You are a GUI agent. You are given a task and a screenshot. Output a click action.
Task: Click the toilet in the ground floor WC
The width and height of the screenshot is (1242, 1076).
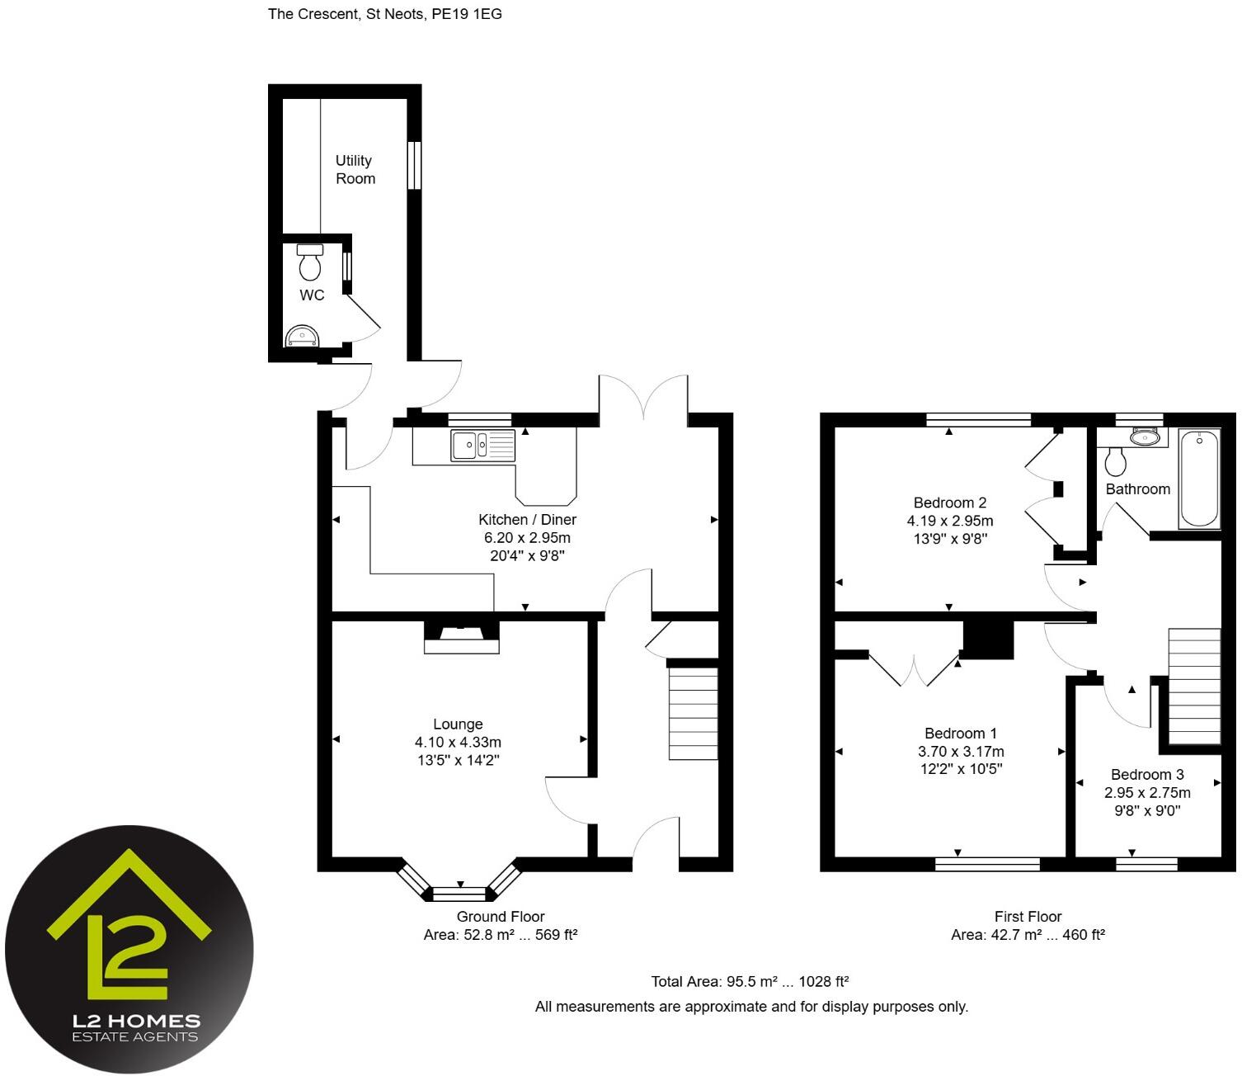310,262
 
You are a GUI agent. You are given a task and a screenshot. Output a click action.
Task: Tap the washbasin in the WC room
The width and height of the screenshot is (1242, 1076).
301,337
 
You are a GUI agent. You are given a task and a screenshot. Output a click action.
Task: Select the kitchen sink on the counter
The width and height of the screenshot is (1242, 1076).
482,446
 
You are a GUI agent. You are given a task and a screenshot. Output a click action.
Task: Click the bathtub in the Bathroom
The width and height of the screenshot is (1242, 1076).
1199,479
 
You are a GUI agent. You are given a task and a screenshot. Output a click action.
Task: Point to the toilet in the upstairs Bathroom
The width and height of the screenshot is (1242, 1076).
1115,461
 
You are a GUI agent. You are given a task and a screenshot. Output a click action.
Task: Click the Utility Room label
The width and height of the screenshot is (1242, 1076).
355,169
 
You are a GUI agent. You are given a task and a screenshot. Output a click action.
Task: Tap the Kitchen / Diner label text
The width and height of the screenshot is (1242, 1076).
527,519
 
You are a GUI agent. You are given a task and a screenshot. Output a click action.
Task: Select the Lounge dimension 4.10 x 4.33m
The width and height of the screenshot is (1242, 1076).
458,742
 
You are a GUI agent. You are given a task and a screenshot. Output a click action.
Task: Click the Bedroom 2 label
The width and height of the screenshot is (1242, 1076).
949,503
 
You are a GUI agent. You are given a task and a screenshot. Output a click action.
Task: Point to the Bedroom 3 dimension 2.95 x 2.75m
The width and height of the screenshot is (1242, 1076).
1147,792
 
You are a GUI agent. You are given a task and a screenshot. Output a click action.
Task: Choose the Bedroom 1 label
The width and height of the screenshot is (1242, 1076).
960,733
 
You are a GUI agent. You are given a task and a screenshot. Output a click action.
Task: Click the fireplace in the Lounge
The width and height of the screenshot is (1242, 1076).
461,636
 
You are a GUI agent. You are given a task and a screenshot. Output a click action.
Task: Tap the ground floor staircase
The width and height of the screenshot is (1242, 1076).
693,713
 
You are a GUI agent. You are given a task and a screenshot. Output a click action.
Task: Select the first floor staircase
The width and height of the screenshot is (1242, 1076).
1193,686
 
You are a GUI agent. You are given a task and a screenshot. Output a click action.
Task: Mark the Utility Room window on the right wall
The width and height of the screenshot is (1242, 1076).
415,165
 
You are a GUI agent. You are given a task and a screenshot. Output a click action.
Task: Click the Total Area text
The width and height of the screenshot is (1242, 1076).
750,981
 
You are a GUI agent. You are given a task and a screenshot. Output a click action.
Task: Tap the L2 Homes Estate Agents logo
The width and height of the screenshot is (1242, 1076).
129,950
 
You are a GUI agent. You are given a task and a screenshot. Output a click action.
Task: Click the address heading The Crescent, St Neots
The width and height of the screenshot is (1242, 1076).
384,14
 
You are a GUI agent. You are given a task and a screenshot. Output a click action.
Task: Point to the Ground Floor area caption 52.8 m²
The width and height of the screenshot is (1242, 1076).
500,935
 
